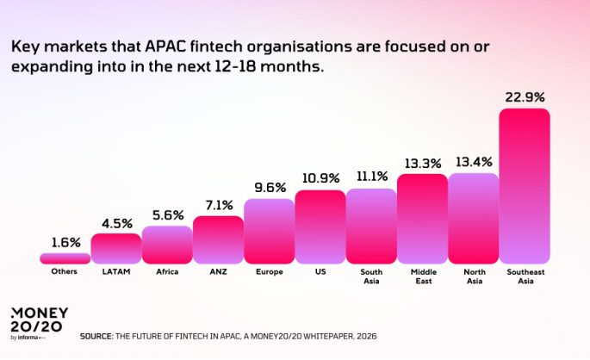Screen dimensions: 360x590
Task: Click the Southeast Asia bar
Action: [x=525, y=185]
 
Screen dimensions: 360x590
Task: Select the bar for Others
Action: [x=65, y=258]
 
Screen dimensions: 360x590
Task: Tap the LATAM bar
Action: [x=115, y=248]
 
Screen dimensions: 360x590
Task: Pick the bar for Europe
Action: [x=269, y=231]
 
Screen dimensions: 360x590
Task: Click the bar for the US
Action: [x=320, y=227]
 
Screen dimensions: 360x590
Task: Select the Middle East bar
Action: [x=422, y=218]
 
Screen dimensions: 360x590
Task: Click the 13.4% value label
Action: [x=473, y=161]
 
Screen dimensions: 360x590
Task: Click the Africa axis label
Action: [x=167, y=271]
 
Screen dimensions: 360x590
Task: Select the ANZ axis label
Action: [x=218, y=271]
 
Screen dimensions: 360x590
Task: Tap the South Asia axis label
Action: [x=371, y=276]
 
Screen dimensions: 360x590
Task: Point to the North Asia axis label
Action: [x=473, y=276]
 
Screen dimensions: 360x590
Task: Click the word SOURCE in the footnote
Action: [x=96, y=335]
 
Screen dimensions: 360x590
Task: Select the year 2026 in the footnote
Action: [x=365, y=335]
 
